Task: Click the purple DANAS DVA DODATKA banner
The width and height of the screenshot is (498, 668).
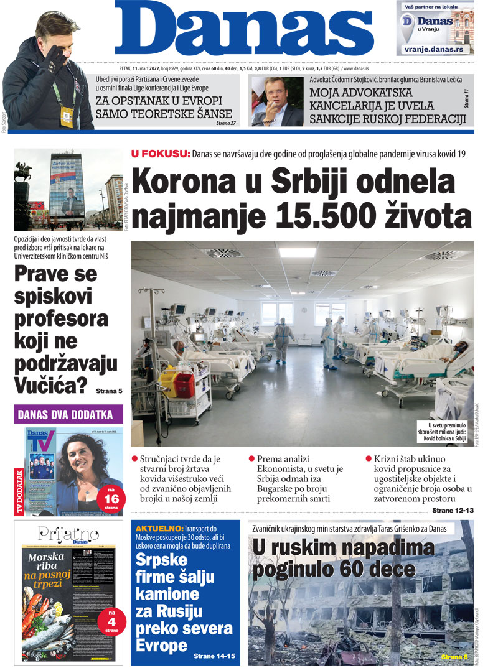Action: pos(68,414)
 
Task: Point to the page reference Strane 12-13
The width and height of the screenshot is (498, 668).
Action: pos(453,511)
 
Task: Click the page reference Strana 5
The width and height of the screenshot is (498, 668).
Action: pos(110,391)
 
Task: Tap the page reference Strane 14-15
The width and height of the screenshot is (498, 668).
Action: pos(214,656)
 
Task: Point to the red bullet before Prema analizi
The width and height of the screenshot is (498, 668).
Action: pos(251,459)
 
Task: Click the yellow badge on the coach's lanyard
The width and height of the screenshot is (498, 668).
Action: pos(66,114)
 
